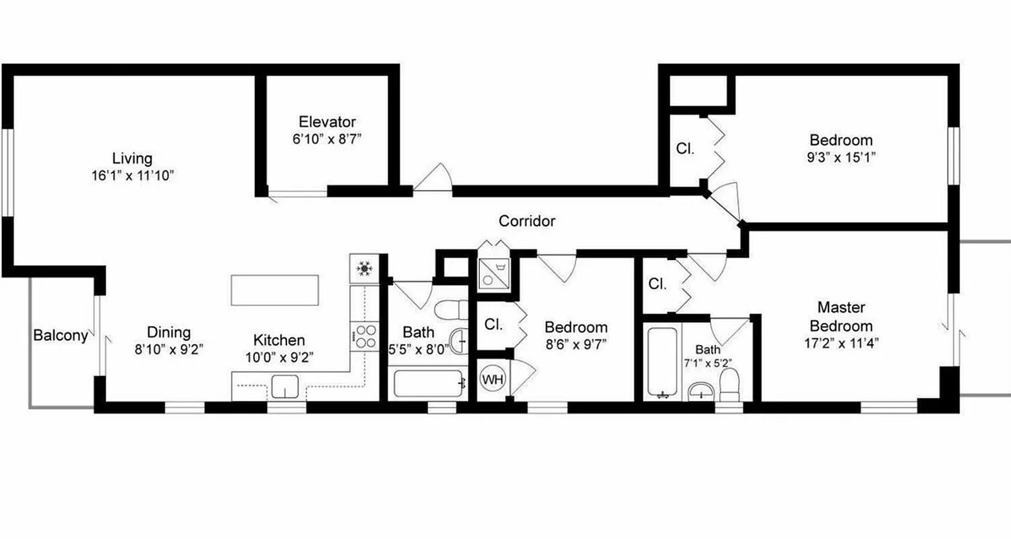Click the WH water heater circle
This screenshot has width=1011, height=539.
493,379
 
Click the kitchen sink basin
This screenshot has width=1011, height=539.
286,387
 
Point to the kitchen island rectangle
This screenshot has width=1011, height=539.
274,290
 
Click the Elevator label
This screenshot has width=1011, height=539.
327,122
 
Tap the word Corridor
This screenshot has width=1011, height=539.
526,221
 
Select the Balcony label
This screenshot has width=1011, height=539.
61,336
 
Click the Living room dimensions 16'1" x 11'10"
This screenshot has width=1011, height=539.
133,176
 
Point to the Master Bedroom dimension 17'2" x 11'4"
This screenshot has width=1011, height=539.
840,342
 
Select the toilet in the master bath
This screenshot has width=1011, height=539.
730,386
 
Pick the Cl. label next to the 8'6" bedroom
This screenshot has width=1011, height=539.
493,324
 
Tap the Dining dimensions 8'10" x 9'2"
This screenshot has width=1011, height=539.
169,349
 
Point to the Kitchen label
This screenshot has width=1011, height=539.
279,340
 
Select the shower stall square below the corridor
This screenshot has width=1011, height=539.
495,274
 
